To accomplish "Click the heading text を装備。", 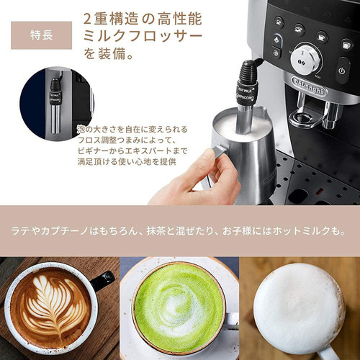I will (116, 53).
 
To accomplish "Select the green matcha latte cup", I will (178, 306).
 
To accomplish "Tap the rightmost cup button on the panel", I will (346, 44).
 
